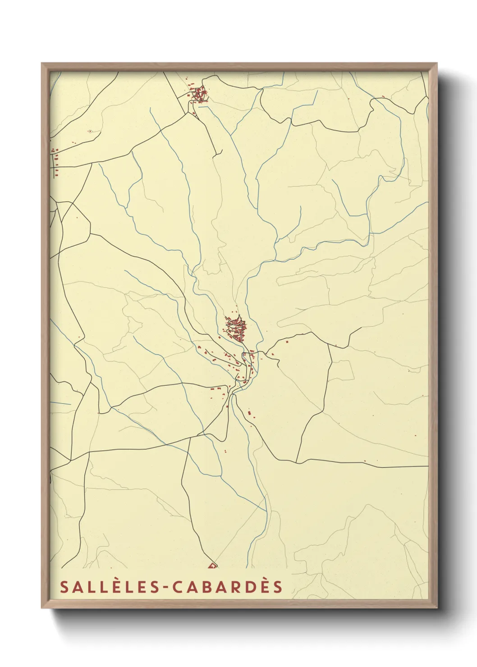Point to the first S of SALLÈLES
64,587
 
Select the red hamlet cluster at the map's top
199,95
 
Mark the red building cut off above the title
212,565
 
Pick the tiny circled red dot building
90,131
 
